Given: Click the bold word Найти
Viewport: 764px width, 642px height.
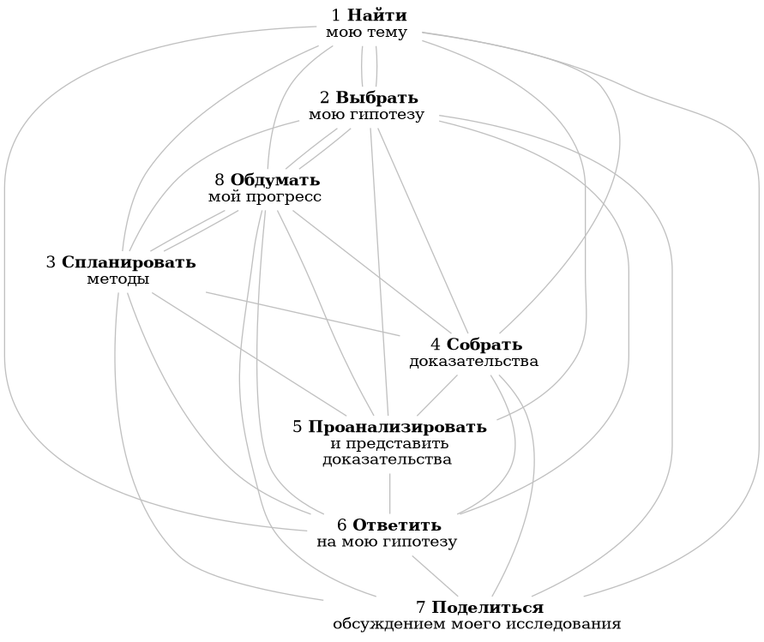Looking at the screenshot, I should click(377, 15).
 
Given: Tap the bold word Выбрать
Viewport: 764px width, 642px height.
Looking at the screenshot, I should click(377, 97).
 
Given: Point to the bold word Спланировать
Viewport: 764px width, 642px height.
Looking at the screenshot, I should click(129, 262).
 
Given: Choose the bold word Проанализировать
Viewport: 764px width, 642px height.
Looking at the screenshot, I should click(397, 427).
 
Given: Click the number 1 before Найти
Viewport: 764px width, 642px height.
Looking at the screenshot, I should click(336, 15).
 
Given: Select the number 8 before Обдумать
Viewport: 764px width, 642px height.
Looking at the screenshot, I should click(220, 180).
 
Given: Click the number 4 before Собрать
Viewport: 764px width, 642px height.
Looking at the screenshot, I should click(436, 345).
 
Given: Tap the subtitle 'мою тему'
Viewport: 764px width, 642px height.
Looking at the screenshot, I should click(366, 33).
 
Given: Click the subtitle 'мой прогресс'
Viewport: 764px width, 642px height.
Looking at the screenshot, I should click(265, 197).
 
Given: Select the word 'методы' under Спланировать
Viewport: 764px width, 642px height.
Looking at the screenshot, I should click(118, 279).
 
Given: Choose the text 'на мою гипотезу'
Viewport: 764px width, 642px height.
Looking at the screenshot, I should click(393, 542).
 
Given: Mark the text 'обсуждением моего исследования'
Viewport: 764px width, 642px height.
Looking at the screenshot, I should click(477, 624).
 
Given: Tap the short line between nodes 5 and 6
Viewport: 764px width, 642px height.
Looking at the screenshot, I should click(391, 491).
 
